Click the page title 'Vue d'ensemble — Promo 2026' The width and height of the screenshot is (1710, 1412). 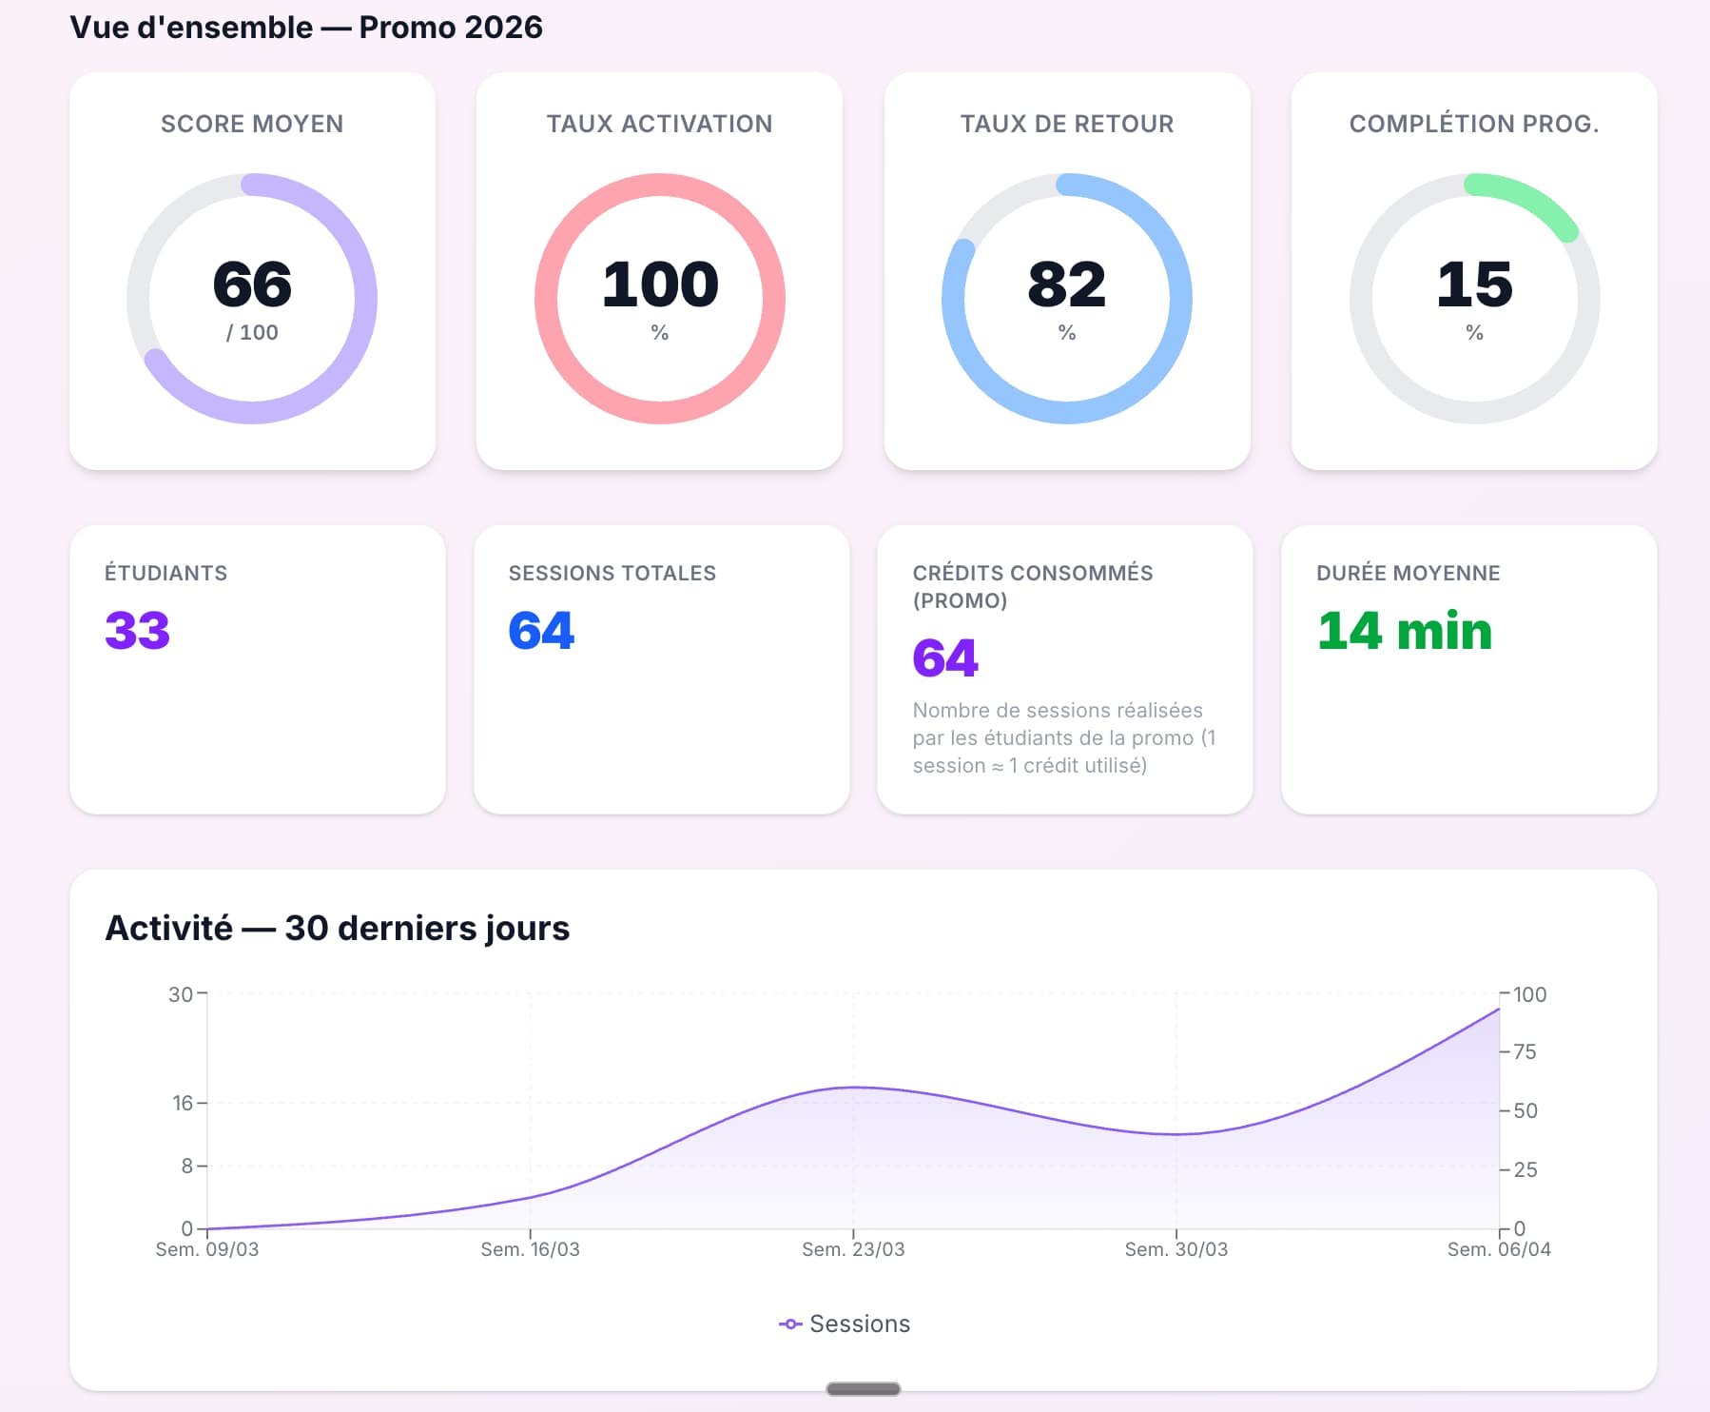point(306,28)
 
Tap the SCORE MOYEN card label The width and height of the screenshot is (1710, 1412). point(252,124)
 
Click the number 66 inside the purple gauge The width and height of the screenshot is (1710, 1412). point(252,284)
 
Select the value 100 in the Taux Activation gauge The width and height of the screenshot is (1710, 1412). point(660,284)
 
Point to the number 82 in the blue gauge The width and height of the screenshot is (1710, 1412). point(1067,284)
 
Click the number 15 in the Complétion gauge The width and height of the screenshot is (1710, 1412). point(1474,284)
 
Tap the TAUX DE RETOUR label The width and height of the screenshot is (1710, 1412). point(1067,124)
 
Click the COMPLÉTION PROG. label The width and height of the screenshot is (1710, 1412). point(1474,124)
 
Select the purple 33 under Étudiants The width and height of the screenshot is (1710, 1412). point(138,630)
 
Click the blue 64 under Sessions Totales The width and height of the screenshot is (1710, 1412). point(541,630)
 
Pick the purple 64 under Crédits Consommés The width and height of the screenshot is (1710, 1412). point(945,657)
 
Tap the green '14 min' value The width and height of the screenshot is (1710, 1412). point(1405,630)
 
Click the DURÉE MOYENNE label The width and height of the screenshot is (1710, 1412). point(1409,573)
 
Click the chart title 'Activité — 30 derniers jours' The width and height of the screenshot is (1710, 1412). point(338,928)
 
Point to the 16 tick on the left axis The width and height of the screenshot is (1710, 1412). point(183,1103)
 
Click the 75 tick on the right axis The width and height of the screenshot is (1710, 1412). point(1525,1051)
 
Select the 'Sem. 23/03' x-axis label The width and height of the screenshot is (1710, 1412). point(853,1249)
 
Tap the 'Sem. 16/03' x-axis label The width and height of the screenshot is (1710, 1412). point(530,1249)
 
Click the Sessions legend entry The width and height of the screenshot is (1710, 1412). point(845,1324)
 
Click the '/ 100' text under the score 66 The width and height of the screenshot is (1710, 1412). point(252,332)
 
